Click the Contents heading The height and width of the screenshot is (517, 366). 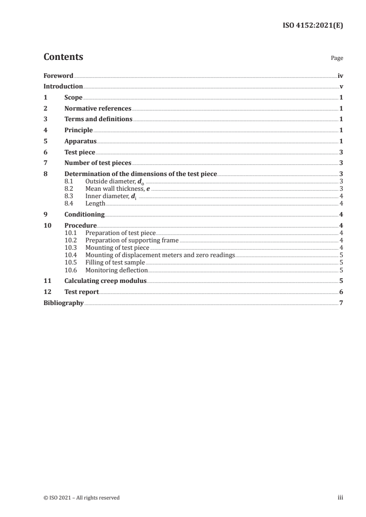[x=63, y=57]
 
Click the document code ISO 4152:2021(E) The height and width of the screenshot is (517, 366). [x=312, y=26]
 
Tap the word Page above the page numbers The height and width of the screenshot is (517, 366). [x=337, y=59]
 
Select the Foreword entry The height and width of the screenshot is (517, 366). [x=58, y=76]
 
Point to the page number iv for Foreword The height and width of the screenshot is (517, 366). [x=340, y=76]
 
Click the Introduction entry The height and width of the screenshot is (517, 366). [x=63, y=87]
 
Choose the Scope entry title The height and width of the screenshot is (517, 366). [x=73, y=98]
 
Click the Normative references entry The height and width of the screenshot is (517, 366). [x=98, y=109]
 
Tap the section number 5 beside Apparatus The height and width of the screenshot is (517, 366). [x=45, y=141]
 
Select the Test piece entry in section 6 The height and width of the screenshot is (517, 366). [x=80, y=152]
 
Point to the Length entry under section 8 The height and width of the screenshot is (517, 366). [x=96, y=203]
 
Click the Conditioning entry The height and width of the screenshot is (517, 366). [x=84, y=214]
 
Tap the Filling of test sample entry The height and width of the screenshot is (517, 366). [x=115, y=263]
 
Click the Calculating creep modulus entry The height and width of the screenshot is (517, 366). [x=105, y=281]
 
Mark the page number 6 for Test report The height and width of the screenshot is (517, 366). [x=341, y=292]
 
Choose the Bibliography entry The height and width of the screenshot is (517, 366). [x=63, y=303]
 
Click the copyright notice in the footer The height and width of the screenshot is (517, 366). [x=81, y=498]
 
